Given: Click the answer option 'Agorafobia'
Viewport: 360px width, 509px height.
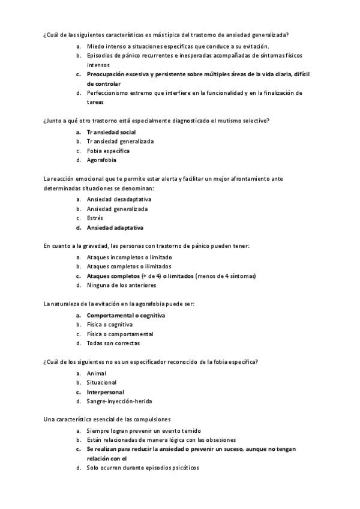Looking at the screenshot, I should [101, 160].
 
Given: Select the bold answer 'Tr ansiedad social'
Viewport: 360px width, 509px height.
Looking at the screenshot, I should [111, 131].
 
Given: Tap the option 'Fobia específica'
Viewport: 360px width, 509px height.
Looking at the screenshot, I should [108, 151].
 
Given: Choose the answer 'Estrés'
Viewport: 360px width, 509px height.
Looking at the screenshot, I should [95, 218].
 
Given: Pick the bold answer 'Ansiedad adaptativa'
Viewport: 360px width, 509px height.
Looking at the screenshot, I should [115, 228].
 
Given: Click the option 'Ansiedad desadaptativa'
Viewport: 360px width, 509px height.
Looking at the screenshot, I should [119, 199].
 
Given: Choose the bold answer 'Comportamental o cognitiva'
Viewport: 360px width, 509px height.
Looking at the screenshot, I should [126, 315].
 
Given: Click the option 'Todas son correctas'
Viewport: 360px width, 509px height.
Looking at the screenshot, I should [113, 343].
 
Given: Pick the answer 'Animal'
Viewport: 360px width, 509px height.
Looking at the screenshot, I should [97, 373].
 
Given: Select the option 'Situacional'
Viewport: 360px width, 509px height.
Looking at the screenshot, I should [101, 382].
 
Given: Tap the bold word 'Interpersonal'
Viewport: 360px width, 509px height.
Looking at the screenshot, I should [106, 392].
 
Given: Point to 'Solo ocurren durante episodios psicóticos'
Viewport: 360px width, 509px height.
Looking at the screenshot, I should [143, 467].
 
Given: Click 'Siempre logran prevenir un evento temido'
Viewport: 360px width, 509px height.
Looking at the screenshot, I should [143, 431].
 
